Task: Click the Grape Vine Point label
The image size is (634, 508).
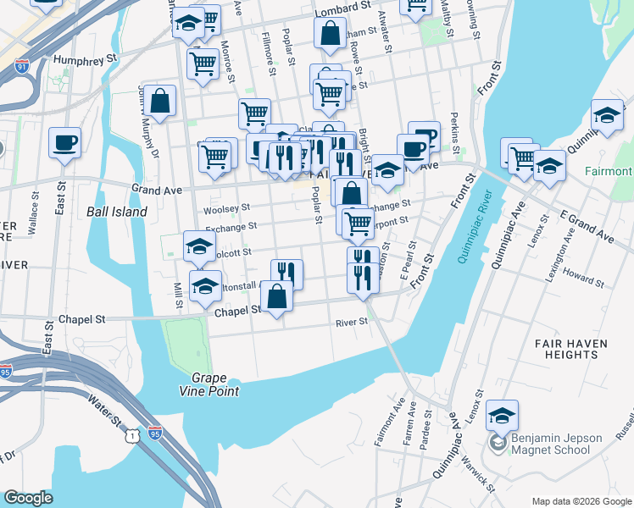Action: click(214, 384)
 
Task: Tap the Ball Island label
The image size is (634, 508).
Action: click(117, 212)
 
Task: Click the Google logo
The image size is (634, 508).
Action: click(28, 498)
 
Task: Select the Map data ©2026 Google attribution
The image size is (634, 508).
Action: click(581, 501)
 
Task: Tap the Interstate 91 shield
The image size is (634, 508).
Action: click(22, 64)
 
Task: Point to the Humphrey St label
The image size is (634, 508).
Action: click(84, 60)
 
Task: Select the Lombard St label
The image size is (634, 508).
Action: click(343, 11)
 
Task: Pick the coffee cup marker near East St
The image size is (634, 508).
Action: click(64, 142)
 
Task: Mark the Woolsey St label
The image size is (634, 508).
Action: click(227, 208)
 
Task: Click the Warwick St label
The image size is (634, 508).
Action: click(479, 476)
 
